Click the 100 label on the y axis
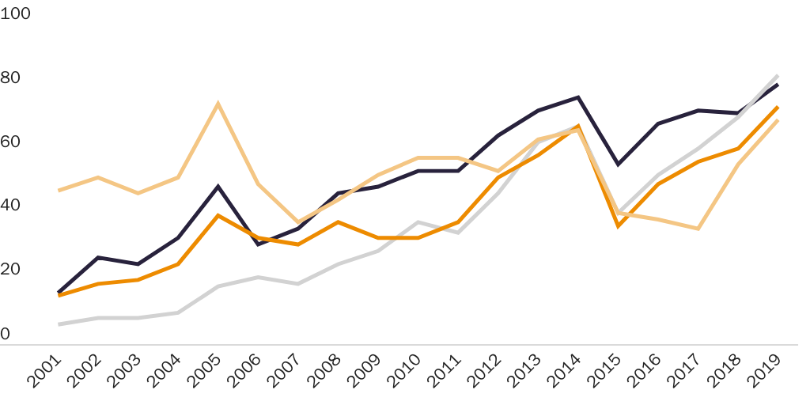[x=15, y=14]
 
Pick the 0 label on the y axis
[x=6, y=334]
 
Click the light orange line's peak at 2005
[x=218, y=104]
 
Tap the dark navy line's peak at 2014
[x=578, y=97]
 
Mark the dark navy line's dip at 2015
[x=618, y=165]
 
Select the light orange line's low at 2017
[x=698, y=229]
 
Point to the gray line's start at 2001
[x=59, y=324]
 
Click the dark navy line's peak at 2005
[x=218, y=187]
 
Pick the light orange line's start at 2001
[x=59, y=190]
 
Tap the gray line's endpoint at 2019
[x=778, y=76]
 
